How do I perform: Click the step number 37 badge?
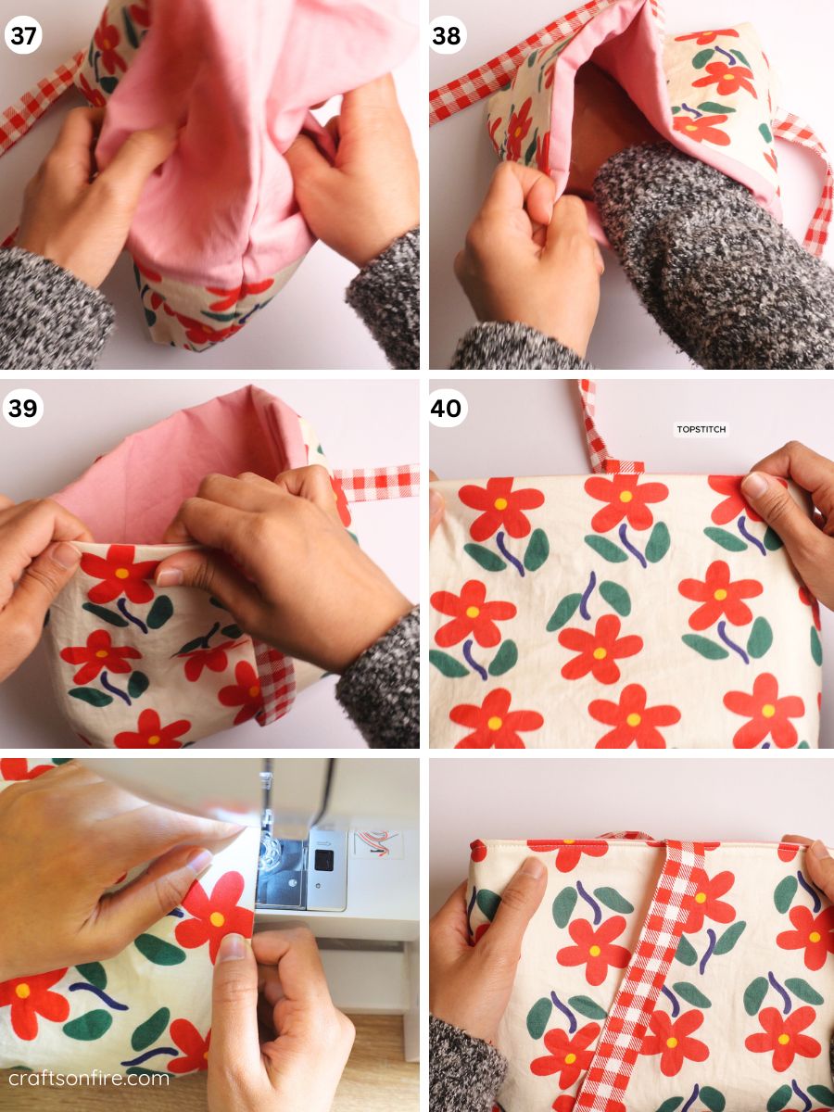[22, 35]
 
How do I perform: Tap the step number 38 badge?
[448, 35]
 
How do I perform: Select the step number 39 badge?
[22, 409]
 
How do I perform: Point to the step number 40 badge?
[448, 409]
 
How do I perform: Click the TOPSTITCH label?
[701, 430]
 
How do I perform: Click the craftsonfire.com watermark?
[89, 1078]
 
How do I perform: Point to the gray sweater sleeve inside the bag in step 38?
[704, 250]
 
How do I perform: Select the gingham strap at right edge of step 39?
[375, 483]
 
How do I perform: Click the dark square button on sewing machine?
[324, 859]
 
